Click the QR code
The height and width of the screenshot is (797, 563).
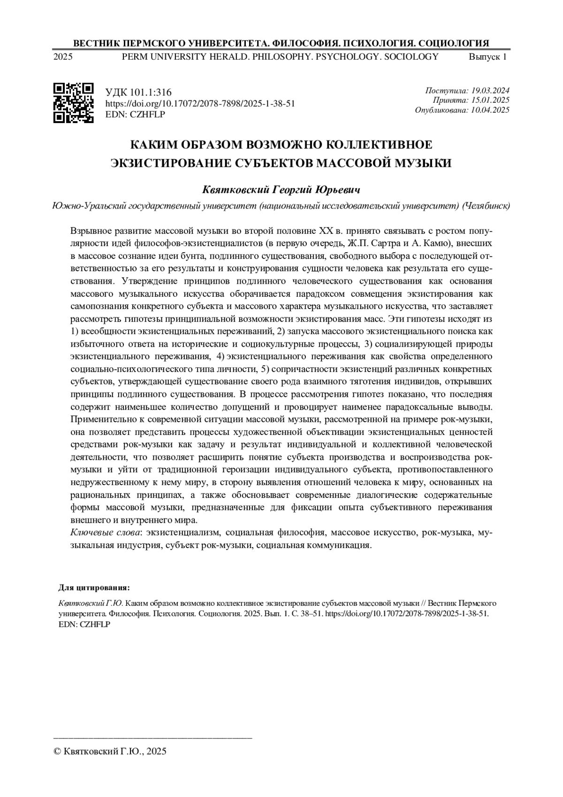point(74,103)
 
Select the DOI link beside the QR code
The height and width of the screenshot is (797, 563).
point(200,104)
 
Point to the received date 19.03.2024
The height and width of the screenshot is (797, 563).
point(491,91)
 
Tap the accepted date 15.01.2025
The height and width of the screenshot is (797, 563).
point(491,100)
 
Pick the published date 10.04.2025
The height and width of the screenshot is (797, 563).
point(491,110)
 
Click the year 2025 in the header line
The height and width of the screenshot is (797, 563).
point(63,57)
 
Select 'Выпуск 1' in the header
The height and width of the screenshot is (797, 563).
point(488,57)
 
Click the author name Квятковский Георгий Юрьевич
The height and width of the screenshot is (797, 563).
point(281,190)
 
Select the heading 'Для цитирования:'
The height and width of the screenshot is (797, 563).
point(94,588)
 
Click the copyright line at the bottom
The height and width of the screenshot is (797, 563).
point(111,751)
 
